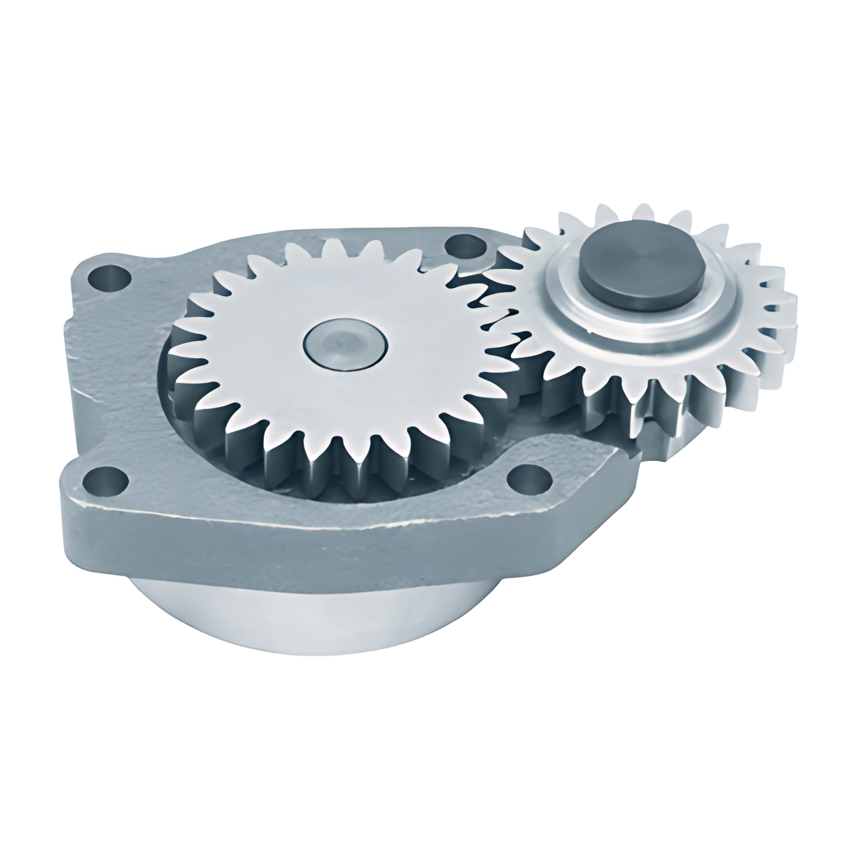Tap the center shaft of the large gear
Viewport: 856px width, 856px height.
pyautogui.click(x=345, y=345)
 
